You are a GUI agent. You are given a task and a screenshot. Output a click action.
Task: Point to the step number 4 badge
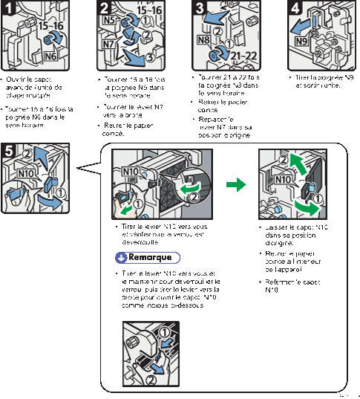point(295,8)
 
